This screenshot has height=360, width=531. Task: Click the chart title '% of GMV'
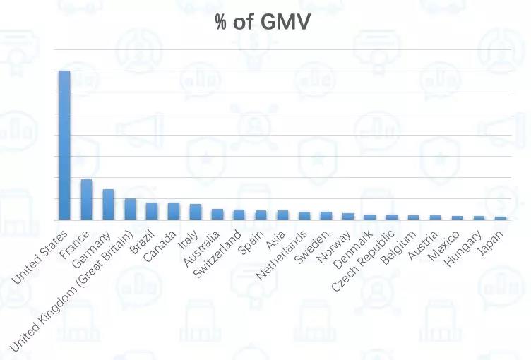(263, 23)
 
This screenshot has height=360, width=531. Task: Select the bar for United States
(64, 145)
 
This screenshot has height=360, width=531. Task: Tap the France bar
(86, 200)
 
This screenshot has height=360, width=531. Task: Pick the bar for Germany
(108, 205)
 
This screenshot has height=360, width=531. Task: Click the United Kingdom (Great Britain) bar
(130, 209)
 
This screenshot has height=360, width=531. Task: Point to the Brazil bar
(152, 211)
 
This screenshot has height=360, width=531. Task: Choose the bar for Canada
(174, 211)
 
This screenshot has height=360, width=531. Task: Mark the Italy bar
(196, 212)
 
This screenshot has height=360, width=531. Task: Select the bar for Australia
(217, 215)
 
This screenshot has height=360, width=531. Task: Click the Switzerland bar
(239, 215)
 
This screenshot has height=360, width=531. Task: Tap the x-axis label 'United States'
(40, 256)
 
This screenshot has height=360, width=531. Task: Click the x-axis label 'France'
(75, 244)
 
